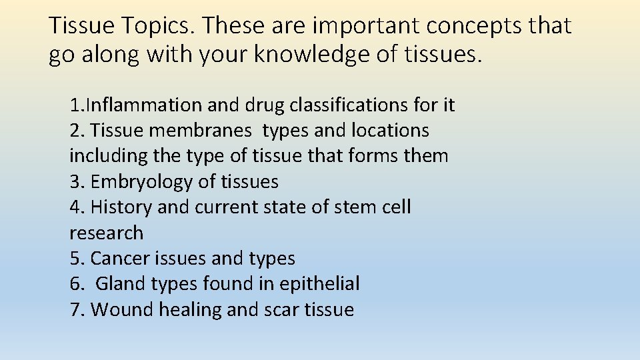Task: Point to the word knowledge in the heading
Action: (303, 55)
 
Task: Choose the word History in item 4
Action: (121, 207)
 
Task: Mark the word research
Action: (106, 233)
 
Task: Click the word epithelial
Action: (319, 284)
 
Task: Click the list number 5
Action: (73, 258)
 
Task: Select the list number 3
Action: (73, 182)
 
